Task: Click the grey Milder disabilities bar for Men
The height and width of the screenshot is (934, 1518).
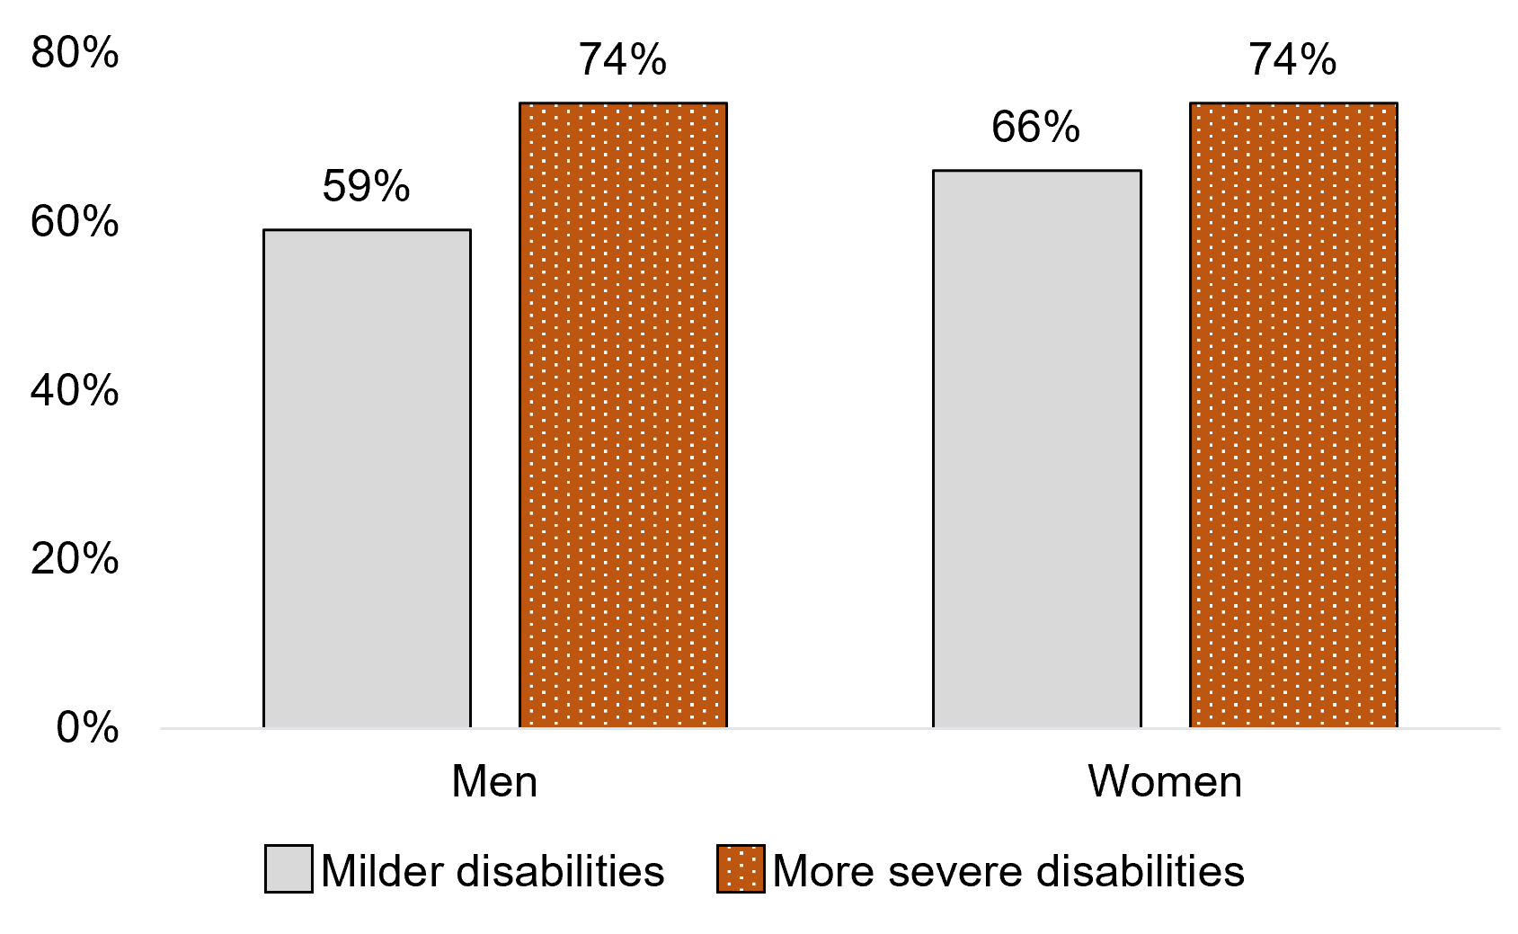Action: coord(367,478)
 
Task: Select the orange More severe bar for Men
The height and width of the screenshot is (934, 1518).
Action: coord(623,414)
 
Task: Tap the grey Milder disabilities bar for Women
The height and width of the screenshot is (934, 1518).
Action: coord(1036,449)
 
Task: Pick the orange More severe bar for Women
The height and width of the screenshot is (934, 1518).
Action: coord(1293,414)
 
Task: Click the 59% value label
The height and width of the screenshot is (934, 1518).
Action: coord(366,186)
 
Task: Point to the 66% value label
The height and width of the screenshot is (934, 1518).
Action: coord(1035,127)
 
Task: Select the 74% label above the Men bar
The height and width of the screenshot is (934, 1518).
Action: coord(622,60)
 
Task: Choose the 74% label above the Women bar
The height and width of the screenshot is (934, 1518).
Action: coord(1292,60)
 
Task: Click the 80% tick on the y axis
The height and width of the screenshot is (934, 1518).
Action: coord(75,53)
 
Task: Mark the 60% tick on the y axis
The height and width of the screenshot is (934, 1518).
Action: coord(75,222)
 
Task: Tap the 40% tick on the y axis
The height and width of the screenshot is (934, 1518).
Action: coord(75,391)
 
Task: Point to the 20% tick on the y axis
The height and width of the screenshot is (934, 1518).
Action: coord(75,559)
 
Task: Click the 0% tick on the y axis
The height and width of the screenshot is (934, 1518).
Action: coord(87,727)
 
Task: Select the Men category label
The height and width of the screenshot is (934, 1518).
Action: coord(494,781)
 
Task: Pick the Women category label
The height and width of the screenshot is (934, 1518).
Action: coord(1165,781)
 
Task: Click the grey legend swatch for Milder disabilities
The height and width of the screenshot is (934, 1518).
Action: coord(289,868)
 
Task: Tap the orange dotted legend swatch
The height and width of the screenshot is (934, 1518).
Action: coord(741,868)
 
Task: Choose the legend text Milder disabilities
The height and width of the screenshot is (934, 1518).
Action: coord(493,871)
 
